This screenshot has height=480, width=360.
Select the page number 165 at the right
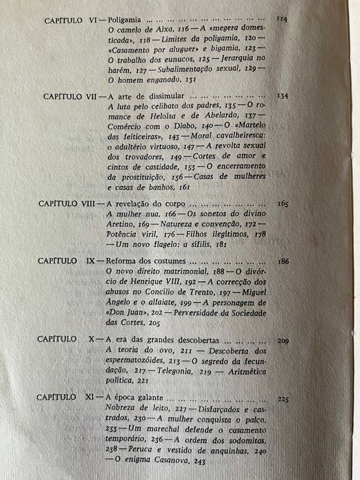[x=283, y=204]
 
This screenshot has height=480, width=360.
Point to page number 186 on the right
[x=283, y=262]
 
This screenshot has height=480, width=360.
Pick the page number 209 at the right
[x=283, y=340]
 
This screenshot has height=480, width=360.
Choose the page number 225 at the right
[x=283, y=398]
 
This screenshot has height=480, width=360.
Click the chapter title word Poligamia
[x=128, y=21]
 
